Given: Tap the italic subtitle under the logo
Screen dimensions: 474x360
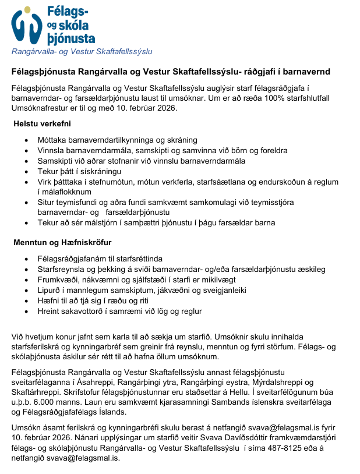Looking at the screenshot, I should point(82,52).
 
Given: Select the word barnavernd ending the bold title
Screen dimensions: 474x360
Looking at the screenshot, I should point(305,72).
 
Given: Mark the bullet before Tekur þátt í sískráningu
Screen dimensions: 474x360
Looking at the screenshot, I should point(26,172).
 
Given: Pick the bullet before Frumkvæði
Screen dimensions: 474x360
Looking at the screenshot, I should point(26,280).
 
